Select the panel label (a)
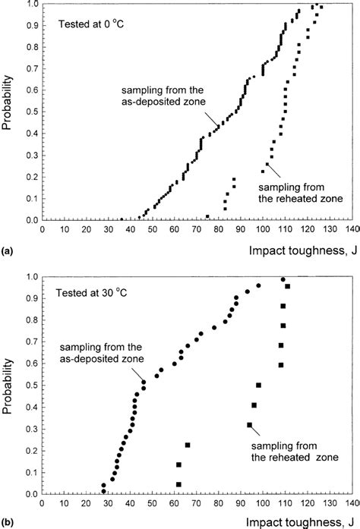point(8,247)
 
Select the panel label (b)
point(8,521)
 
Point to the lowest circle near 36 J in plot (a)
point(122,219)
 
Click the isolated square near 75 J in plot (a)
point(207,216)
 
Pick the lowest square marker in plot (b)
point(178,484)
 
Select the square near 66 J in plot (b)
point(187,445)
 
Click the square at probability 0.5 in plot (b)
point(258,386)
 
